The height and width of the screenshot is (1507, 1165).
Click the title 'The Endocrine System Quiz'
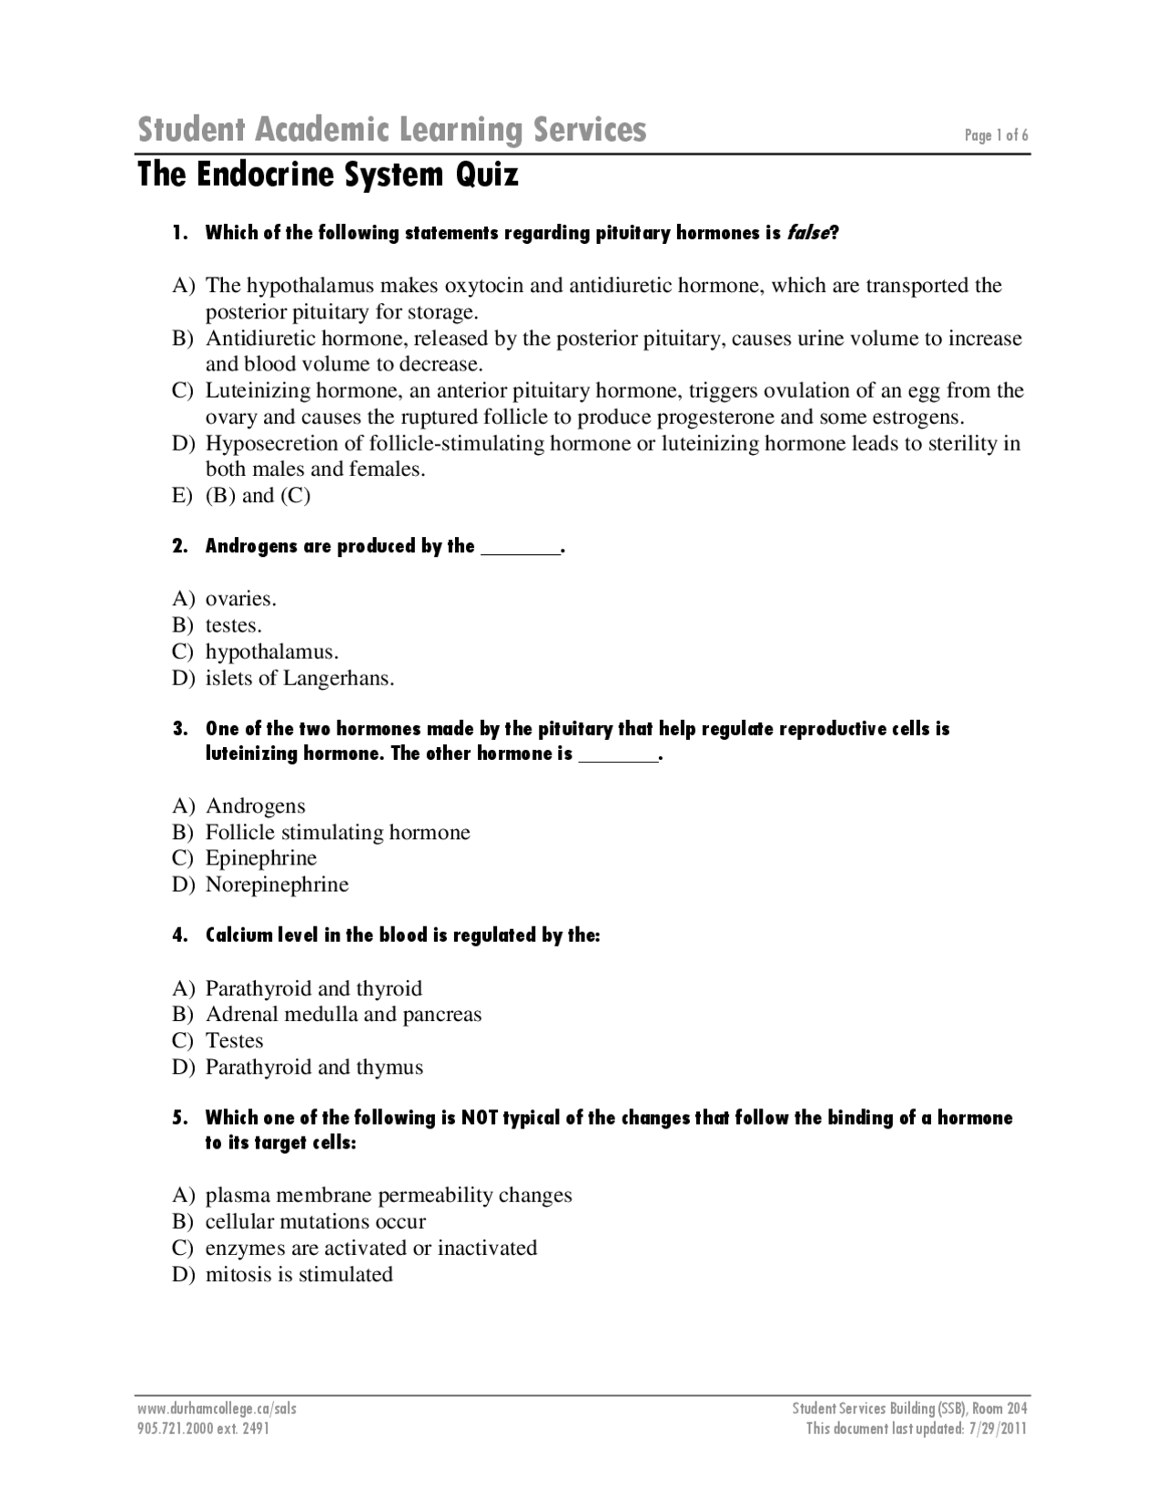click(x=328, y=174)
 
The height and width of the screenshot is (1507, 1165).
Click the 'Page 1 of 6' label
click(x=996, y=136)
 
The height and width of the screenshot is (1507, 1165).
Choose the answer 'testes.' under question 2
click(x=233, y=625)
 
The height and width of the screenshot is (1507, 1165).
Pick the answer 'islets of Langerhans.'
click(x=299, y=678)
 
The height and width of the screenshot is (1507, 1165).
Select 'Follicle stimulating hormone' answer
click(x=338, y=833)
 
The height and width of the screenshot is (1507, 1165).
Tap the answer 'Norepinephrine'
click(x=277, y=885)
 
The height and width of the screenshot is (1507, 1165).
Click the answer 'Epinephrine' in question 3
click(x=261, y=858)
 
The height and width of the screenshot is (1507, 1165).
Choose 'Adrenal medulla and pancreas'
click(x=343, y=1015)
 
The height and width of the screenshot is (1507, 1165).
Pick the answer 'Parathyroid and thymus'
click(x=314, y=1067)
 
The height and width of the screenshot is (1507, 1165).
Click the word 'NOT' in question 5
click(x=480, y=1118)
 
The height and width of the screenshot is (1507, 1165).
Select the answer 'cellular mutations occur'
click(x=315, y=1221)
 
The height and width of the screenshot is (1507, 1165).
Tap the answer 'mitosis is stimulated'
click(x=299, y=1274)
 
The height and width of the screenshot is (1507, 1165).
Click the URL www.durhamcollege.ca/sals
click(x=217, y=1409)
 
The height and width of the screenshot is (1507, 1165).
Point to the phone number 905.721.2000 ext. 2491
click(x=203, y=1429)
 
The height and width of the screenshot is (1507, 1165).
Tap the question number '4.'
click(x=180, y=936)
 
